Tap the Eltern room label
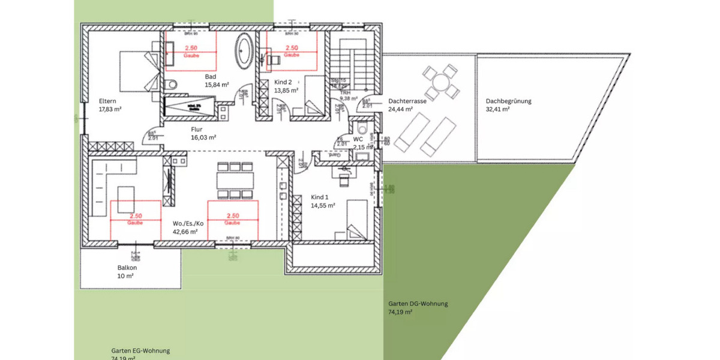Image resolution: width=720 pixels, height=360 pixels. pos(107,101)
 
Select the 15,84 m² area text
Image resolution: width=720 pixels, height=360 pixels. pos(217,85)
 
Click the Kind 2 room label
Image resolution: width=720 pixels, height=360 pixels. pos(283,82)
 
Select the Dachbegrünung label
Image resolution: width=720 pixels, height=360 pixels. pos(508,101)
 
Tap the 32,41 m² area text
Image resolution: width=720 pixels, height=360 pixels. pos(497,110)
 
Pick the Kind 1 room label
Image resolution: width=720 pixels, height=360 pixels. pos(320,197)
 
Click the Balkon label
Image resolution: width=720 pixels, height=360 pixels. pos(127,268)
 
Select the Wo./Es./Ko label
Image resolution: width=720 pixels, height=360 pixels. pos(188,223)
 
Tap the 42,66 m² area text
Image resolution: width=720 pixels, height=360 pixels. pos(187,232)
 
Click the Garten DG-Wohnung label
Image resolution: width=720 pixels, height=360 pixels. pos(418,304)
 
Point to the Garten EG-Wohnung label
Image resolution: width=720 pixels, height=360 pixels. pos(140,351)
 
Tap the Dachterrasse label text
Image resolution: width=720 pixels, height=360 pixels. pos(407,101)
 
